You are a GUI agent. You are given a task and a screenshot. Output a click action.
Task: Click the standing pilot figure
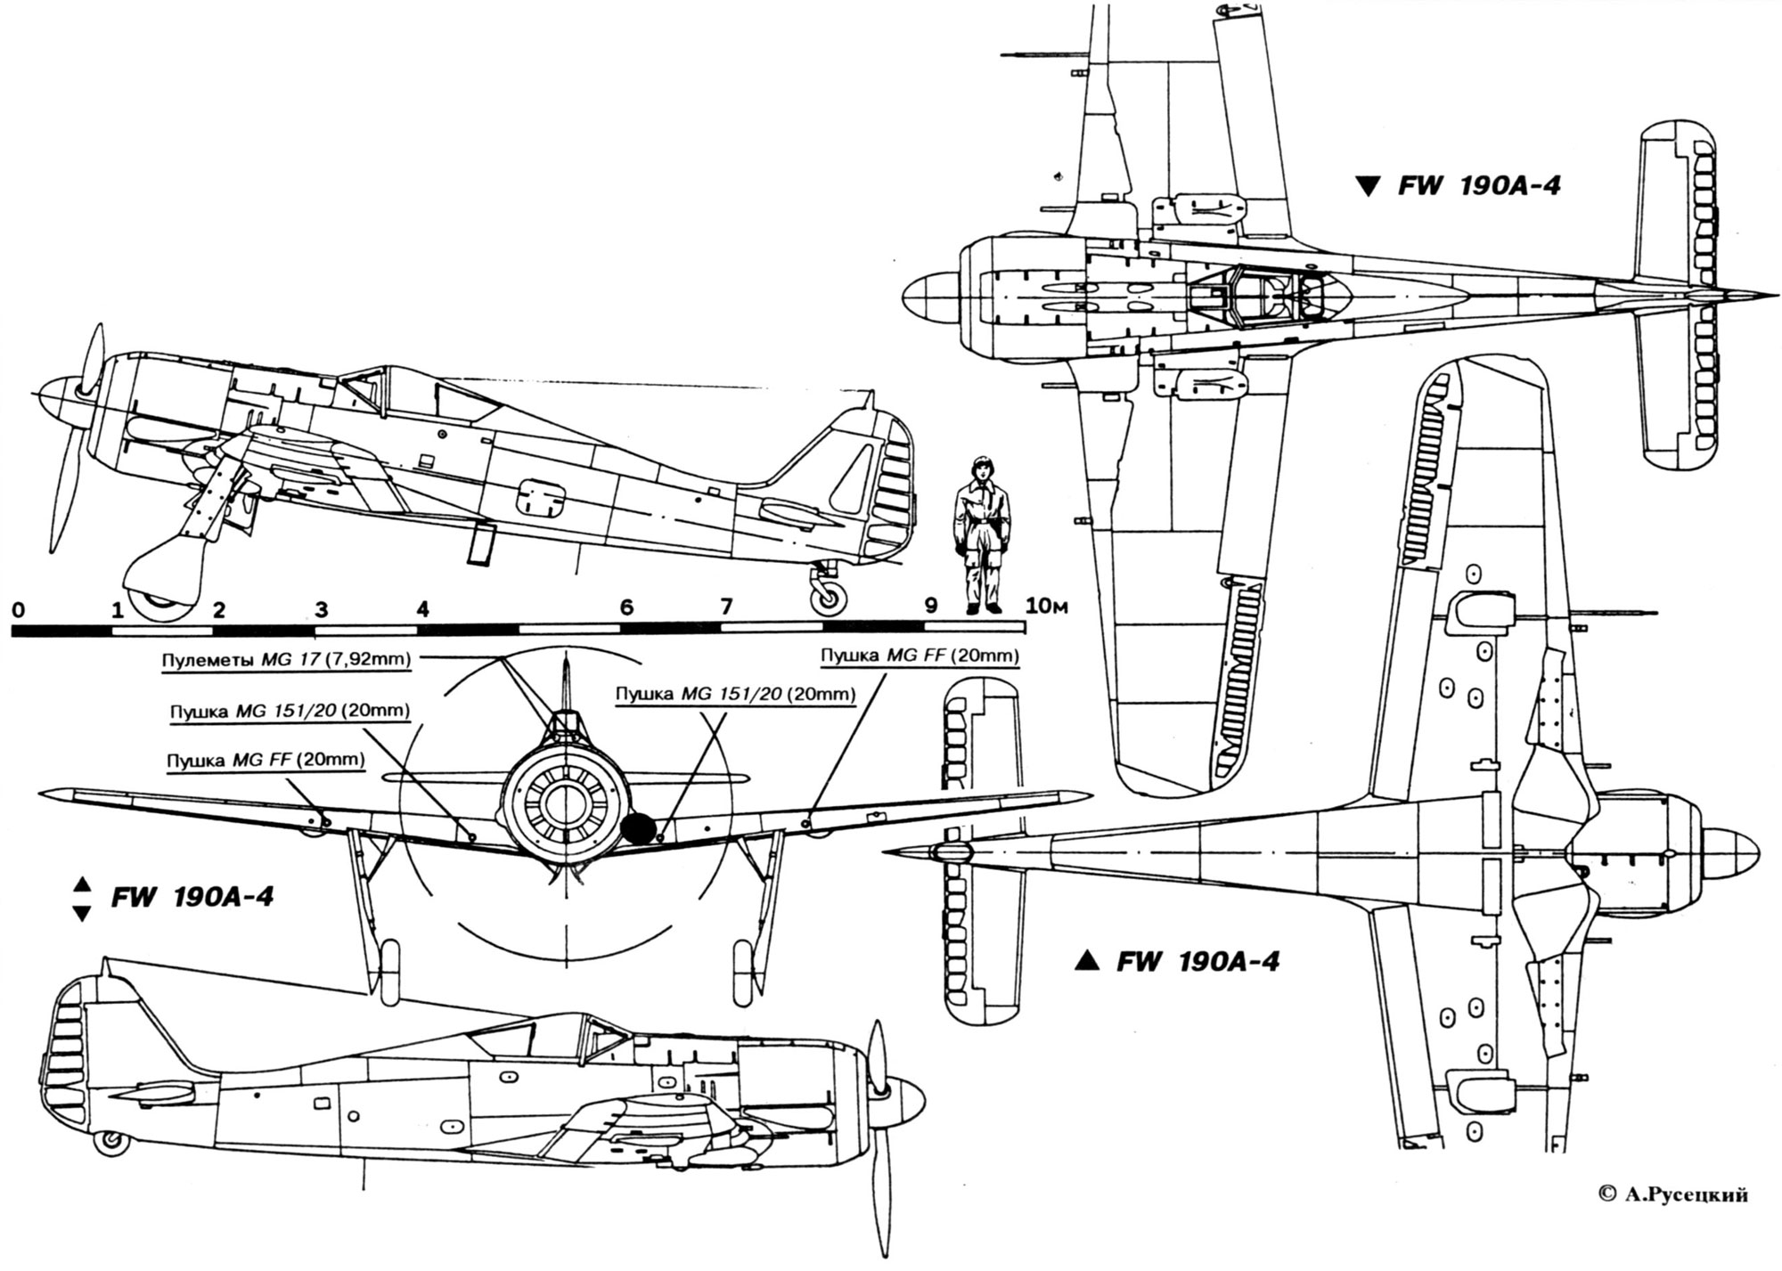983,534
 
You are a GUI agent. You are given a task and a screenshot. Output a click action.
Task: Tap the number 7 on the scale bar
726,607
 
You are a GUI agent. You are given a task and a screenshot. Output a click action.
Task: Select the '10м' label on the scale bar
1046,607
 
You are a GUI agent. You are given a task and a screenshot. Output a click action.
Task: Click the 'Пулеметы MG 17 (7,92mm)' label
286,661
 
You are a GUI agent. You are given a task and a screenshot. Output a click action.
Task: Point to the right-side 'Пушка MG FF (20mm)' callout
920,656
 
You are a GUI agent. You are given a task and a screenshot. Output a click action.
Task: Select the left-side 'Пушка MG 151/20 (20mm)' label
290,711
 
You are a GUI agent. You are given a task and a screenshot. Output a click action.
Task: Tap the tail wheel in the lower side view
110,1142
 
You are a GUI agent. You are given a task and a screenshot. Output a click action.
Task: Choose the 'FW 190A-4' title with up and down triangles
175,896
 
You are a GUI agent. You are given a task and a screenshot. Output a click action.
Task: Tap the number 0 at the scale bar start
18,610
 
